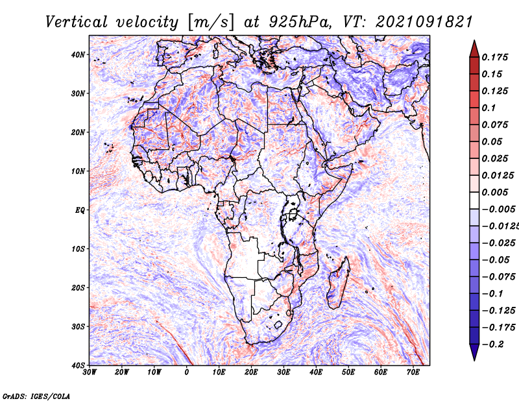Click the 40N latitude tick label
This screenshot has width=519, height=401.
click(78, 55)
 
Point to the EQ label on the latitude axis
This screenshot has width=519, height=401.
click(80, 210)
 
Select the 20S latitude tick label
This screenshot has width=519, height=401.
click(78, 287)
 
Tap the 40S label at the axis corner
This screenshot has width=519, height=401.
click(78, 365)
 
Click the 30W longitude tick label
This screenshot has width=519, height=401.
click(90, 372)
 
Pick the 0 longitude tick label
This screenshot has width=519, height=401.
click(186, 372)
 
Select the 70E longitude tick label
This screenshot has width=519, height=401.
click(413, 372)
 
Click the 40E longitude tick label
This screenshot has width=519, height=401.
click(316, 372)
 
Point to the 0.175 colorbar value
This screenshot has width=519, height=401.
click(494, 57)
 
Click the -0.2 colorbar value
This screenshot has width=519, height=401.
click(492, 344)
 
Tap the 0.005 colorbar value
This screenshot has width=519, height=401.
click(494, 192)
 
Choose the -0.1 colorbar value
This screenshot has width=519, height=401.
click(492, 293)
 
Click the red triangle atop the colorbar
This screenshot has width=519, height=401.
click(474, 50)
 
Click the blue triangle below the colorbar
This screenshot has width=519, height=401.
click(474, 351)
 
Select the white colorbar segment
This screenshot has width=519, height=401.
click(474, 200)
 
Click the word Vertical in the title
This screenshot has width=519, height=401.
click(77, 22)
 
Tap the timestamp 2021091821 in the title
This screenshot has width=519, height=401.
click(424, 22)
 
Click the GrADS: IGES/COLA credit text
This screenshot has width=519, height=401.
click(36, 396)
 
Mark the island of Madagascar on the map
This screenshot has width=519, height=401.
click(338, 283)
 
